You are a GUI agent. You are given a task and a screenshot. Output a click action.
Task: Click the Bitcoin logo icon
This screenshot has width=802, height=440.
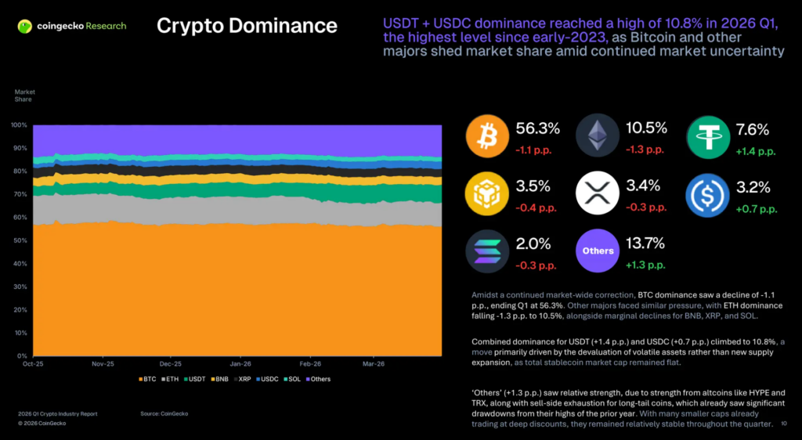(x=488, y=138)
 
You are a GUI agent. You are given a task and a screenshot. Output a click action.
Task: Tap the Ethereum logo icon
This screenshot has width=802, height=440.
(x=598, y=138)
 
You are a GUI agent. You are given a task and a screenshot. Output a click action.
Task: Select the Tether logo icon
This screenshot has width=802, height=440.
(x=708, y=138)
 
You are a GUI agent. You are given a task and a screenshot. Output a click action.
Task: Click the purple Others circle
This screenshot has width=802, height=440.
(x=598, y=251)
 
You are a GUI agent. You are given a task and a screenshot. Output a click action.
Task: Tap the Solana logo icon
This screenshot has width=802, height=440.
(x=488, y=251)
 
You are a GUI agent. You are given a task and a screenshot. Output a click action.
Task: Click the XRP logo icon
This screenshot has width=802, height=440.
(x=598, y=194)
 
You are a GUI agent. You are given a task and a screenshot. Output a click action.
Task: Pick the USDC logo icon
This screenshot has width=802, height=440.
(x=708, y=194)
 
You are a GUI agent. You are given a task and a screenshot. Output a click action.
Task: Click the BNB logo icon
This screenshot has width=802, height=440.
(x=488, y=194)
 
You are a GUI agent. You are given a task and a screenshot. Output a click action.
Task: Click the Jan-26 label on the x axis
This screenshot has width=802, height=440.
(x=240, y=364)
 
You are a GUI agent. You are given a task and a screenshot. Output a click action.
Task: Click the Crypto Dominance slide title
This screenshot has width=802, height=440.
(x=247, y=26)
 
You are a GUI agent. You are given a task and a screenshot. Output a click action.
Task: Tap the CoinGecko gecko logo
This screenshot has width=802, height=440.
(x=26, y=27)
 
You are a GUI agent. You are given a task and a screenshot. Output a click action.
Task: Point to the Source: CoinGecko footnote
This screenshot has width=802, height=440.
(x=164, y=413)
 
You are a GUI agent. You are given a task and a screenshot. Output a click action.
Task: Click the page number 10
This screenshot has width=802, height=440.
(x=784, y=424)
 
